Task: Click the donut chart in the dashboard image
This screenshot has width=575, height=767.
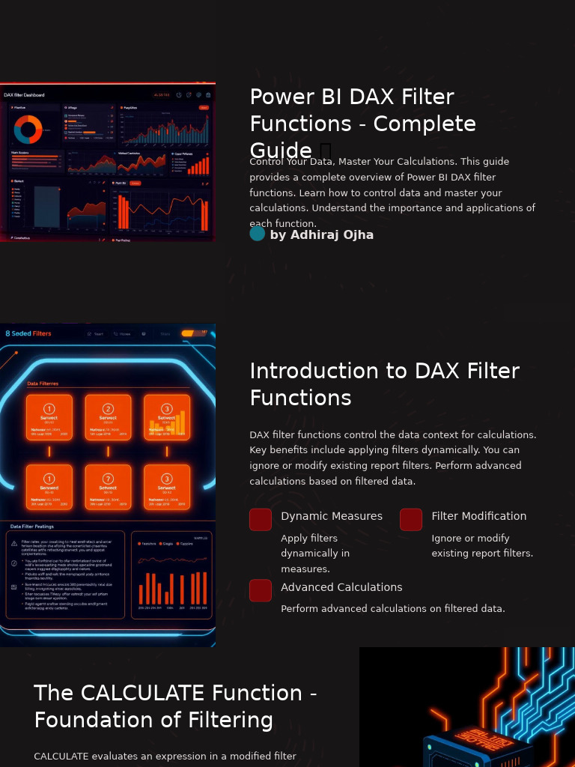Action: pos(28,130)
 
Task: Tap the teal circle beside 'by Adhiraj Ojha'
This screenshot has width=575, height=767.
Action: pos(257,234)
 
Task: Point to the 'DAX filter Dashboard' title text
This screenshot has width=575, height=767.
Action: pos(24,95)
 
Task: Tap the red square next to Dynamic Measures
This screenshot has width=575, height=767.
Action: pos(261,520)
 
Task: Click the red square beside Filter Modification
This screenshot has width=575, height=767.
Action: pos(411,520)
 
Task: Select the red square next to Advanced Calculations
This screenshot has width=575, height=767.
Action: pos(261,590)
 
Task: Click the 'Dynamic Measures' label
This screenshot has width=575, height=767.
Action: pos(331,516)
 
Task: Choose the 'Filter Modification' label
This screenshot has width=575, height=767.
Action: pos(478,516)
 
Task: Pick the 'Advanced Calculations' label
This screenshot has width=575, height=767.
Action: pos(341,587)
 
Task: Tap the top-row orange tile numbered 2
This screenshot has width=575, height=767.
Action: pos(108,417)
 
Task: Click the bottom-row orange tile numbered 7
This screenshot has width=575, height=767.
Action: pos(108,487)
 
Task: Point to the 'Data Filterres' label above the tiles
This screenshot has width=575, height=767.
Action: pos(43,383)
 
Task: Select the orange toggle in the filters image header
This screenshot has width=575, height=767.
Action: pos(193,333)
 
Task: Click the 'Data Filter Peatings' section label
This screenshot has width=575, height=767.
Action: pos(32,527)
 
